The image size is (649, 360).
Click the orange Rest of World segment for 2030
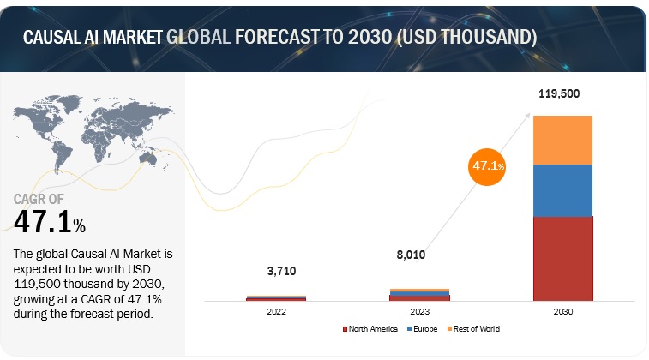click(562, 140)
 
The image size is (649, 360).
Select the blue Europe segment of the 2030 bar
click(562, 190)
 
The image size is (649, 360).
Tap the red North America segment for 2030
click(562, 258)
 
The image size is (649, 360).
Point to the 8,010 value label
click(410, 255)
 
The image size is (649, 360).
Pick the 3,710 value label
click(275, 271)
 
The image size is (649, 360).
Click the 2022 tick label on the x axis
click(276, 313)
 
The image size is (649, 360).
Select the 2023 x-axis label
click(419, 313)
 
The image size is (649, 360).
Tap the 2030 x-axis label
click(562, 313)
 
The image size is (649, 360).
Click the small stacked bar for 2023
click(419, 294)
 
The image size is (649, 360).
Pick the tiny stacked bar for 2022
click(276, 298)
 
